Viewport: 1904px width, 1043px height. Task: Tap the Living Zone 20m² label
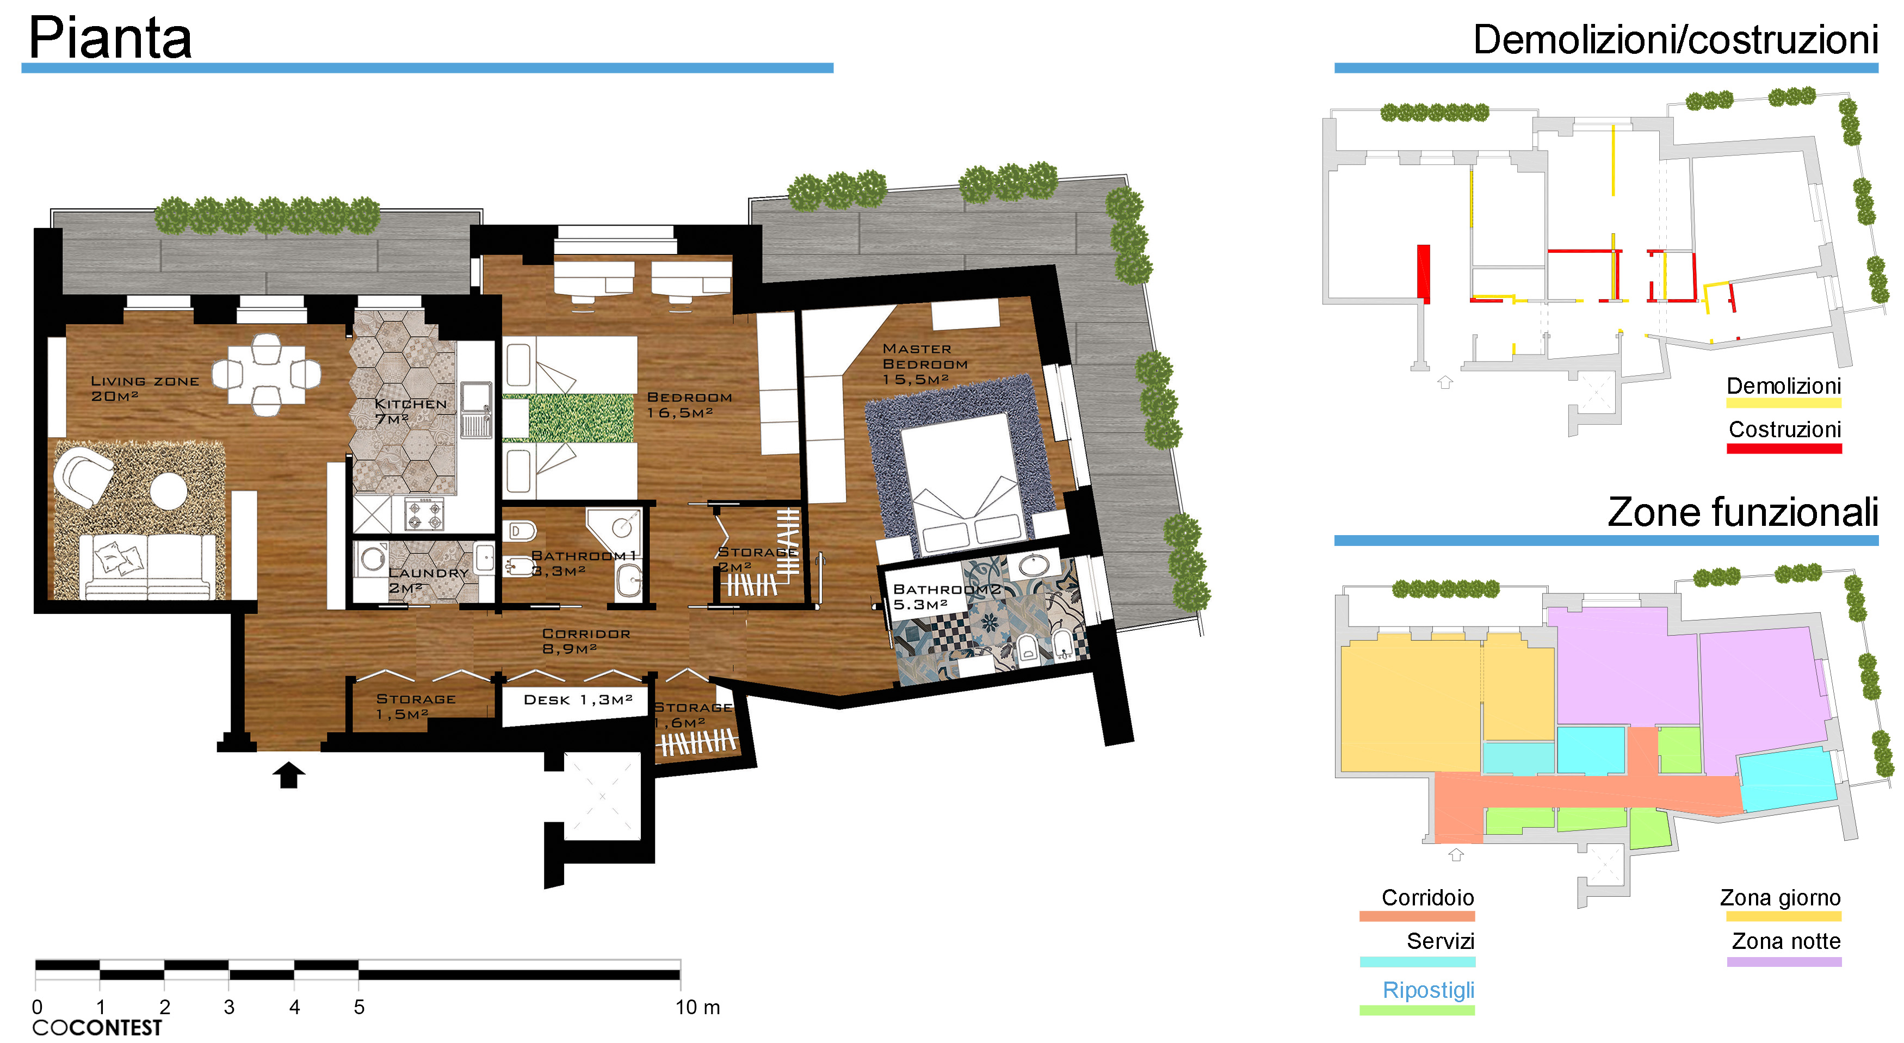click(145, 388)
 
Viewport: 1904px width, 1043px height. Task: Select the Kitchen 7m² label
click(410, 412)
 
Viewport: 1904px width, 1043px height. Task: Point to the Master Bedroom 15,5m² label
click(925, 363)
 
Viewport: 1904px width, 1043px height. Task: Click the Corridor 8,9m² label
click(586, 641)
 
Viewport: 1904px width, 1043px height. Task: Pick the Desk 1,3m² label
click(578, 699)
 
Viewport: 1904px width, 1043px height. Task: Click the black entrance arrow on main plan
click(288, 775)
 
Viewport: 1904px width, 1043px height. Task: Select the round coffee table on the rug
click(169, 491)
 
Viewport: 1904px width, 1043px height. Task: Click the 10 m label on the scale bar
click(697, 1007)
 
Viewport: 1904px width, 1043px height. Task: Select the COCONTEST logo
click(97, 1027)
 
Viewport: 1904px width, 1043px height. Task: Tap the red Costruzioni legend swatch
click(1784, 448)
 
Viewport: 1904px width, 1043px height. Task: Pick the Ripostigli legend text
click(1428, 990)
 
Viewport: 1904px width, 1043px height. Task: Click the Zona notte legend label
click(1786, 941)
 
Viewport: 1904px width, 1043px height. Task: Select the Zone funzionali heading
click(1743, 512)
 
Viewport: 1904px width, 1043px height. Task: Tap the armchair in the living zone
click(83, 476)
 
